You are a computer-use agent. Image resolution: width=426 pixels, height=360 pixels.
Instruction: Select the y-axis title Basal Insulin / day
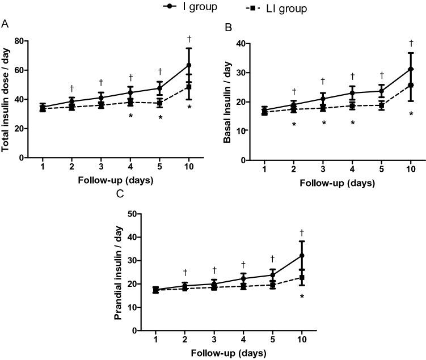(x=227, y=102)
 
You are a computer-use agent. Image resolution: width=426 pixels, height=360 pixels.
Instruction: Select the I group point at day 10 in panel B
(x=411, y=69)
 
